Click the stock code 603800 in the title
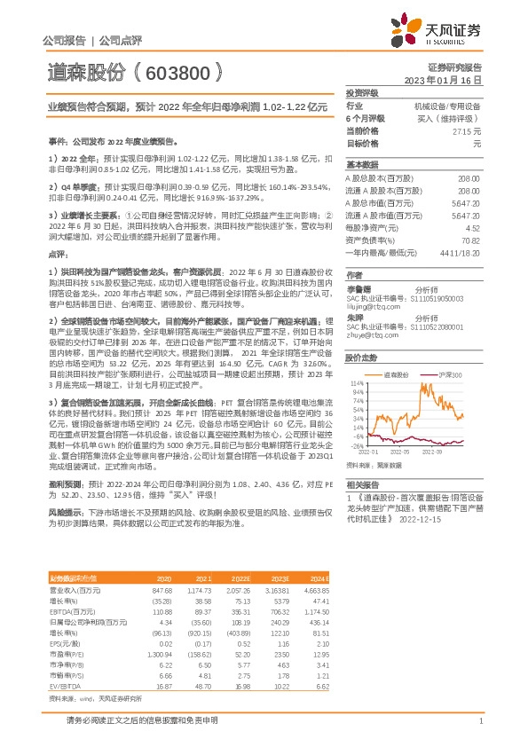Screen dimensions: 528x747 (x=177, y=72)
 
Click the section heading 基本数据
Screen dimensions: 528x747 (x=362, y=164)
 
